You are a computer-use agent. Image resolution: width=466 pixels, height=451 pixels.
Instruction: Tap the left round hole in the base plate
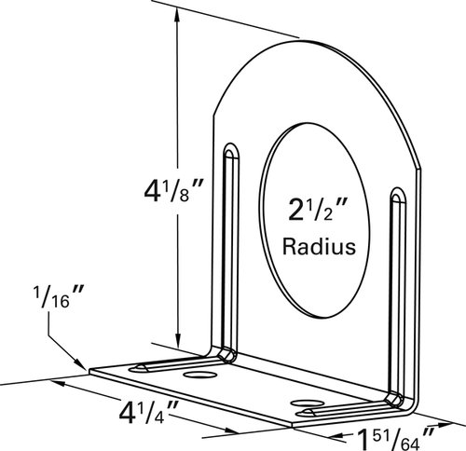click(x=199, y=374)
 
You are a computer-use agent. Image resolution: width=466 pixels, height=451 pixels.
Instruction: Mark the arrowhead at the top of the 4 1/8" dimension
click(x=178, y=14)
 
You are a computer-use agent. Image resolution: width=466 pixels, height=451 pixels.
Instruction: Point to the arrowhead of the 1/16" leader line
click(x=82, y=362)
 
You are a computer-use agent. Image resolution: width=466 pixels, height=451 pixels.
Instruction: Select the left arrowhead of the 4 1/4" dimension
click(x=58, y=383)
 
